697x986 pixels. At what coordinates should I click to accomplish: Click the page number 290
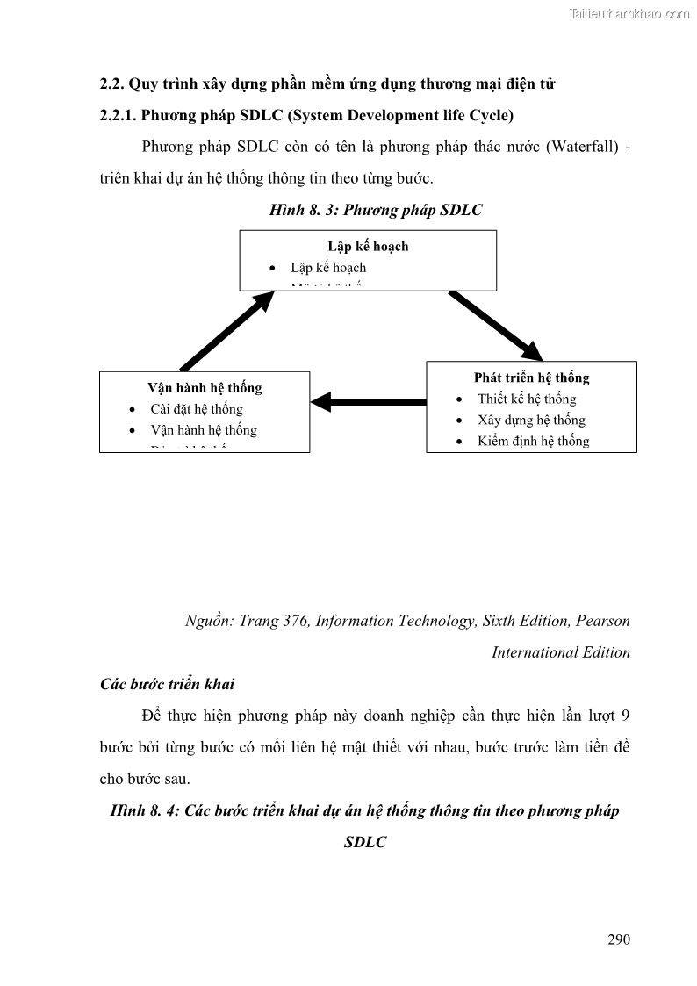(x=619, y=939)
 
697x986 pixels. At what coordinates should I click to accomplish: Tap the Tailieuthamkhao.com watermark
(x=629, y=14)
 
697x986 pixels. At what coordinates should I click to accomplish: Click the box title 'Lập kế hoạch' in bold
(x=368, y=246)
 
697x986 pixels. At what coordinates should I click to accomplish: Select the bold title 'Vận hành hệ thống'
(x=205, y=387)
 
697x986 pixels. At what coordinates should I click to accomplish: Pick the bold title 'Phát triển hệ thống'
(x=531, y=378)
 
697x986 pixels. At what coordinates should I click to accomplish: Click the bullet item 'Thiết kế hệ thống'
(x=527, y=399)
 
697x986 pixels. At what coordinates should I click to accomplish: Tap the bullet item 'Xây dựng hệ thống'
(x=531, y=420)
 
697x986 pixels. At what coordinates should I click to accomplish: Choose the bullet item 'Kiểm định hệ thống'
(x=533, y=441)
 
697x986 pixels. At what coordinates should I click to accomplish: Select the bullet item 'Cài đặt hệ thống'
(x=197, y=408)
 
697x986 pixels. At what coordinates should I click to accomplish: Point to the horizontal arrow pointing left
(x=368, y=402)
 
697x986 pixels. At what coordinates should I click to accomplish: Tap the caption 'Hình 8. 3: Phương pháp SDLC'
(x=376, y=210)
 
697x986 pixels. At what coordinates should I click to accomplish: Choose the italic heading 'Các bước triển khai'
(x=167, y=684)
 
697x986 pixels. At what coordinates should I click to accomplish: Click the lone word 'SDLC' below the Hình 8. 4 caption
(x=365, y=842)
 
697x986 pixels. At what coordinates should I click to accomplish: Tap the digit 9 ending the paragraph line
(x=625, y=716)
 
